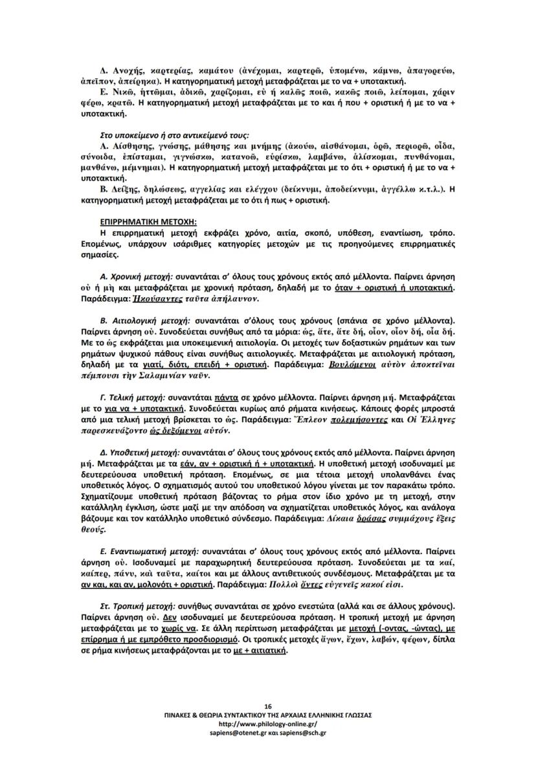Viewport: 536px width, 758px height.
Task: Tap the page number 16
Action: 268,705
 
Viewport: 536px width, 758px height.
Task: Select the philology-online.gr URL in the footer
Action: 268,723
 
